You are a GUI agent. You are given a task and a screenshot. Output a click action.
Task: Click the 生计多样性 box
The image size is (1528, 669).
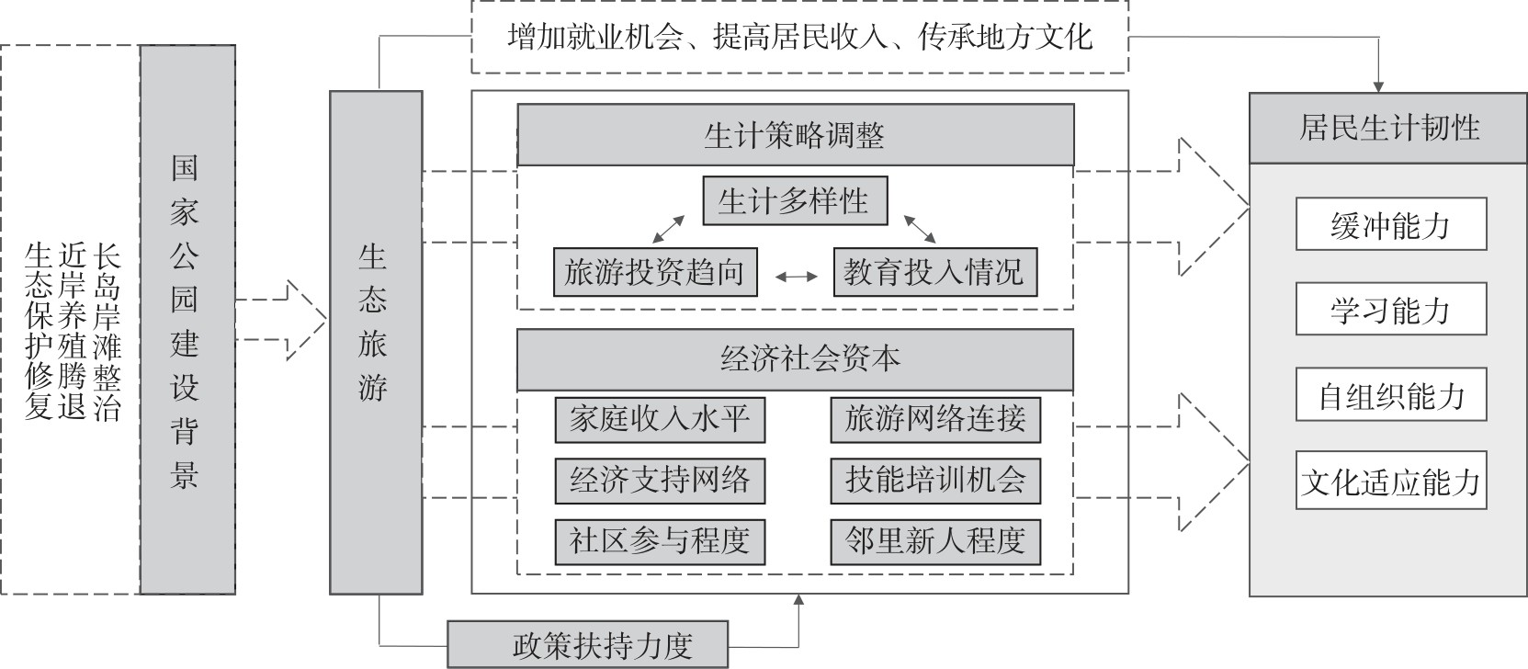795,200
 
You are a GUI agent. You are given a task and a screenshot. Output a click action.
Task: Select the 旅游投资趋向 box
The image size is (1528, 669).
655,272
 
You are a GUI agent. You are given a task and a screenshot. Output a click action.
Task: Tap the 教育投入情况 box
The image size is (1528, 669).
934,272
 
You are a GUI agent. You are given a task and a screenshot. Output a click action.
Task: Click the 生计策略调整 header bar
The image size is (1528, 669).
795,135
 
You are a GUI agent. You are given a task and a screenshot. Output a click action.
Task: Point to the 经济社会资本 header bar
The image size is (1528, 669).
795,359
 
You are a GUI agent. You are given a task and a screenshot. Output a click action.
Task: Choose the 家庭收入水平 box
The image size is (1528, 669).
660,420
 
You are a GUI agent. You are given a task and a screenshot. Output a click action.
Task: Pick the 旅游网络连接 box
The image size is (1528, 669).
934,420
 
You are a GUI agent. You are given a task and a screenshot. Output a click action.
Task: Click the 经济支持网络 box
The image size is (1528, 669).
660,481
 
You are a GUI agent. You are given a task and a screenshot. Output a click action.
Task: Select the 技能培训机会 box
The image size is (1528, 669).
934,481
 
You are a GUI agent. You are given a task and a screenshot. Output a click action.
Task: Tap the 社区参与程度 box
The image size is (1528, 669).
660,541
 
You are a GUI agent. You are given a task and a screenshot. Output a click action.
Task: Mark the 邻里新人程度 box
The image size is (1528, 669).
934,541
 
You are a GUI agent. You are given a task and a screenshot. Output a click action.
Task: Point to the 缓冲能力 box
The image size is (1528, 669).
1390,224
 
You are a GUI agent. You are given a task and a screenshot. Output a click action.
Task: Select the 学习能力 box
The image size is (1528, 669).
1390,310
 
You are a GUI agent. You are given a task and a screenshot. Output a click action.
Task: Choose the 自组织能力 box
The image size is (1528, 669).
1390,395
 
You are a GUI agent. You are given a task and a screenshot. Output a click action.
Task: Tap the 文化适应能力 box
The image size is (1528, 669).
1390,481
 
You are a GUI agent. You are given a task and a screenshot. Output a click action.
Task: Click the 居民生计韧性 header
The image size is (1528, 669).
1388,128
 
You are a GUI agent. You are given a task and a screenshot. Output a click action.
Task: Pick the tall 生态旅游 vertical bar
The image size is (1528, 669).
376,342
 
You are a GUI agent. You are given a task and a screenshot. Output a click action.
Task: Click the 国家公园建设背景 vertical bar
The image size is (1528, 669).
187,320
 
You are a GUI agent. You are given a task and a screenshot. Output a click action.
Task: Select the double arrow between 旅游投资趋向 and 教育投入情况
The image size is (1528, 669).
796,276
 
